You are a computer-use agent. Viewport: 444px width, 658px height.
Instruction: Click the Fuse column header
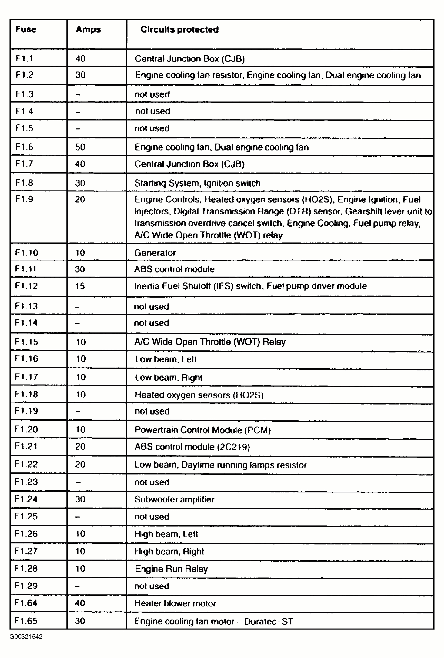[x=26, y=29]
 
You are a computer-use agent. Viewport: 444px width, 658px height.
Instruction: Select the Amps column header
[x=88, y=29]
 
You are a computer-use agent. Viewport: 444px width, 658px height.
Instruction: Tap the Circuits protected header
[x=179, y=29]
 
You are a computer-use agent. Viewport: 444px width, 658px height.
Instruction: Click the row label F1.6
[x=24, y=147]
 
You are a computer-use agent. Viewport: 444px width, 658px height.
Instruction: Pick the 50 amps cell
[x=80, y=147]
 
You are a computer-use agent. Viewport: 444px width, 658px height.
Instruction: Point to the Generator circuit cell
[x=155, y=253]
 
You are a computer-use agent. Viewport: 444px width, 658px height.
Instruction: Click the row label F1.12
[x=26, y=286]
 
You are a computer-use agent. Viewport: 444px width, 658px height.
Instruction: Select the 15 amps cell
[x=80, y=286]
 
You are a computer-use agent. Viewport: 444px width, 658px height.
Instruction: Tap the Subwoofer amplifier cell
[x=174, y=499]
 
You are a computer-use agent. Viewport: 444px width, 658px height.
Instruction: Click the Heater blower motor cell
[x=175, y=603]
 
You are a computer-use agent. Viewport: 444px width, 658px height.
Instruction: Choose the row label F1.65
[x=26, y=621]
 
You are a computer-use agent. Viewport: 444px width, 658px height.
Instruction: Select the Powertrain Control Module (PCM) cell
[x=202, y=430]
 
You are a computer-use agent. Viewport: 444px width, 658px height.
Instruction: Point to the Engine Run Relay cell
[x=171, y=569]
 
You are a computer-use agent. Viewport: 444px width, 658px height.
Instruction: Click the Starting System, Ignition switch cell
[x=197, y=183]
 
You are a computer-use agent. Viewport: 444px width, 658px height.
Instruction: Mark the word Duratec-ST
[x=269, y=621]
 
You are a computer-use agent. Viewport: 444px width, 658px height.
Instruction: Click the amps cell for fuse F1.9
[x=80, y=199]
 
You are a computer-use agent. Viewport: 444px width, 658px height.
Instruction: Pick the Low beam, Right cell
[x=169, y=377]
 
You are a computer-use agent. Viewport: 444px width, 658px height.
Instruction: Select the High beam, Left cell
[x=166, y=534]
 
